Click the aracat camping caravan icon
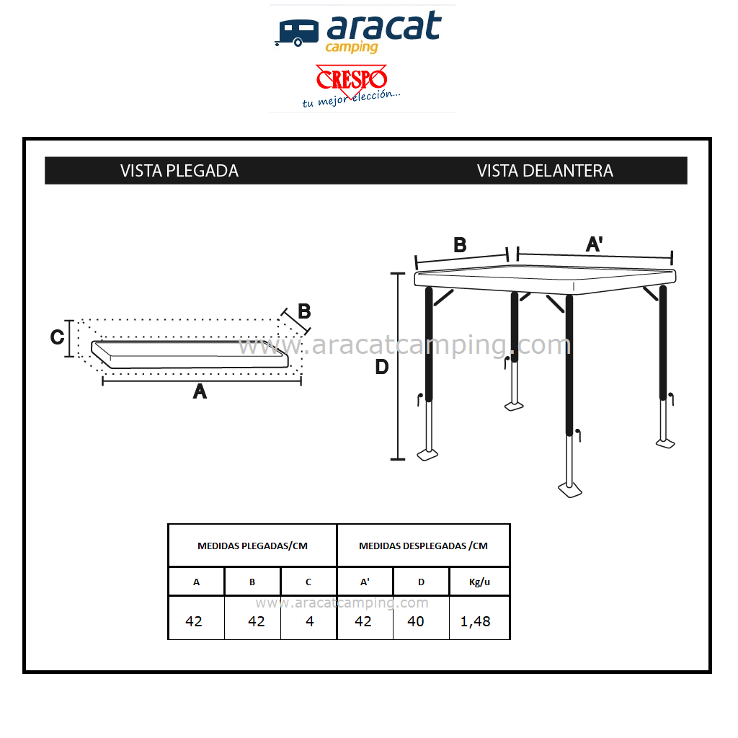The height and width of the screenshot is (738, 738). pyautogui.click(x=296, y=33)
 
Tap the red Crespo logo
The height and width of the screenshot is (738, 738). pyautogui.click(x=352, y=79)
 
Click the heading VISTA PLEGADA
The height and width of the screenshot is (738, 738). pyautogui.click(x=179, y=171)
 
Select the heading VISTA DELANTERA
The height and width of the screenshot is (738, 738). pyautogui.click(x=545, y=171)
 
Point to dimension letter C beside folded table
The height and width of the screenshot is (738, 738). pyautogui.click(x=58, y=337)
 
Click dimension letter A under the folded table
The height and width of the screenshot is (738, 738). pyautogui.click(x=200, y=391)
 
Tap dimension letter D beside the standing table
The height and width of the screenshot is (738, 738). pyautogui.click(x=382, y=367)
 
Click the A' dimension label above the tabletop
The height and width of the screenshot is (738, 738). pyautogui.click(x=594, y=244)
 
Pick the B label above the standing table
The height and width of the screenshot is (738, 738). pyautogui.click(x=460, y=245)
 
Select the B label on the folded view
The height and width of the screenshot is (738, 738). pyautogui.click(x=305, y=311)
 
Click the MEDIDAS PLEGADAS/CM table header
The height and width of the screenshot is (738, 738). pyautogui.click(x=252, y=546)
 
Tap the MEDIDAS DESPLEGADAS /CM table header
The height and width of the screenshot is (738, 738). pyautogui.click(x=423, y=546)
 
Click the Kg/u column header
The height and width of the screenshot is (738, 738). pyautogui.click(x=479, y=582)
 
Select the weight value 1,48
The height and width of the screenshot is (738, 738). pyautogui.click(x=476, y=622)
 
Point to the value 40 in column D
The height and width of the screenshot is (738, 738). pyautogui.click(x=416, y=621)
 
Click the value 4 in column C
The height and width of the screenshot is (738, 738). pyautogui.click(x=310, y=621)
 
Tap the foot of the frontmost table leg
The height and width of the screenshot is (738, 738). pyautogui.click(x=570, y=490)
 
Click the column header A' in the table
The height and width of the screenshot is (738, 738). pyautogui.click(x=365, y=582)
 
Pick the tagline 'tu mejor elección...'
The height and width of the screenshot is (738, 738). pyautogui.click(x=351, y=99)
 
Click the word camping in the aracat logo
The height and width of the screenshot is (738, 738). pyautogui.click(x=352, y=48)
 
